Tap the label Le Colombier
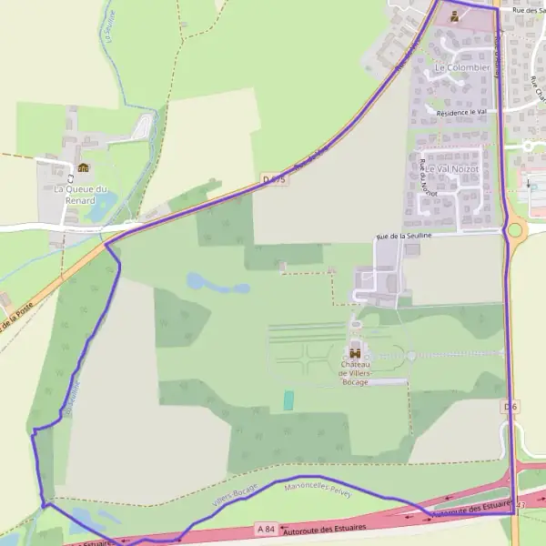(x=462, y=67)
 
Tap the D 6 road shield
(x=510, y=407)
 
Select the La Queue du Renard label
(x=80, y=194)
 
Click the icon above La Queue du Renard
(x=84, y=167)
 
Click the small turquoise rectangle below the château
(x=289, y=399)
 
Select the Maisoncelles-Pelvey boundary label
(x=317, y=489)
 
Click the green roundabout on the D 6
(x=516, y=230)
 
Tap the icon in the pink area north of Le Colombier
(x=454, y=15)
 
